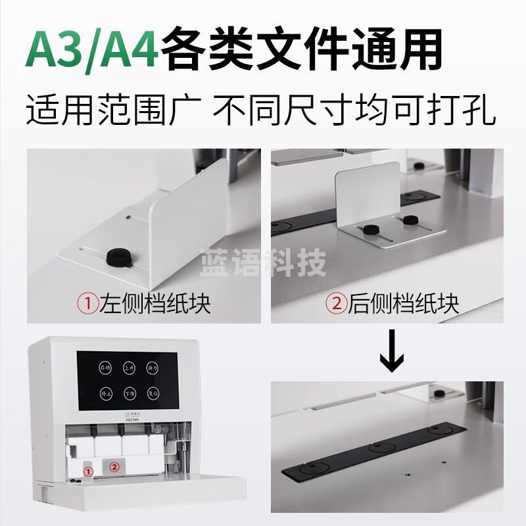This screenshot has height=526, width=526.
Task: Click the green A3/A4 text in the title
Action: (92, 50)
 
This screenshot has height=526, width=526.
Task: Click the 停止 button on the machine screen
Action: (105, 394)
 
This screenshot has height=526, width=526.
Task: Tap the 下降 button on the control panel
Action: (129, 394)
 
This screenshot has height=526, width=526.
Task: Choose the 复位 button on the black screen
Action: (153, 394)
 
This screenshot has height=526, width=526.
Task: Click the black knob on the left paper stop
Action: (118, 257)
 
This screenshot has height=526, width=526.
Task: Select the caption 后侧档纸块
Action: (393, 303)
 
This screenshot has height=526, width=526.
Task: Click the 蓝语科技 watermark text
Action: (263, 265)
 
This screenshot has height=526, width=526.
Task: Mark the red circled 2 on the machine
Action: (114, 467)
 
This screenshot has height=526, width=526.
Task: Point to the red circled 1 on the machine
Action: (89, 471)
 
